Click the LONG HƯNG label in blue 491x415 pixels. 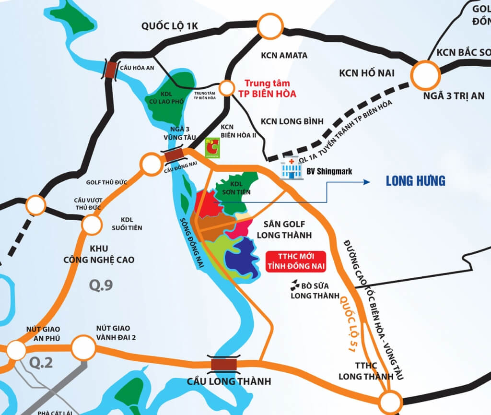click(x=416, y=181)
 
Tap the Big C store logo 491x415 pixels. click(x=210, y=148)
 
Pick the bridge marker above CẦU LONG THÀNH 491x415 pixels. click(x=224, y=364)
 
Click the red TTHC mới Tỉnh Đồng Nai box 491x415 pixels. click(x=295, y=261)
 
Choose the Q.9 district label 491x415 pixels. click(x=101, y=285)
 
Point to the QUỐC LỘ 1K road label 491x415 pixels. click(x=169, y=25)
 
